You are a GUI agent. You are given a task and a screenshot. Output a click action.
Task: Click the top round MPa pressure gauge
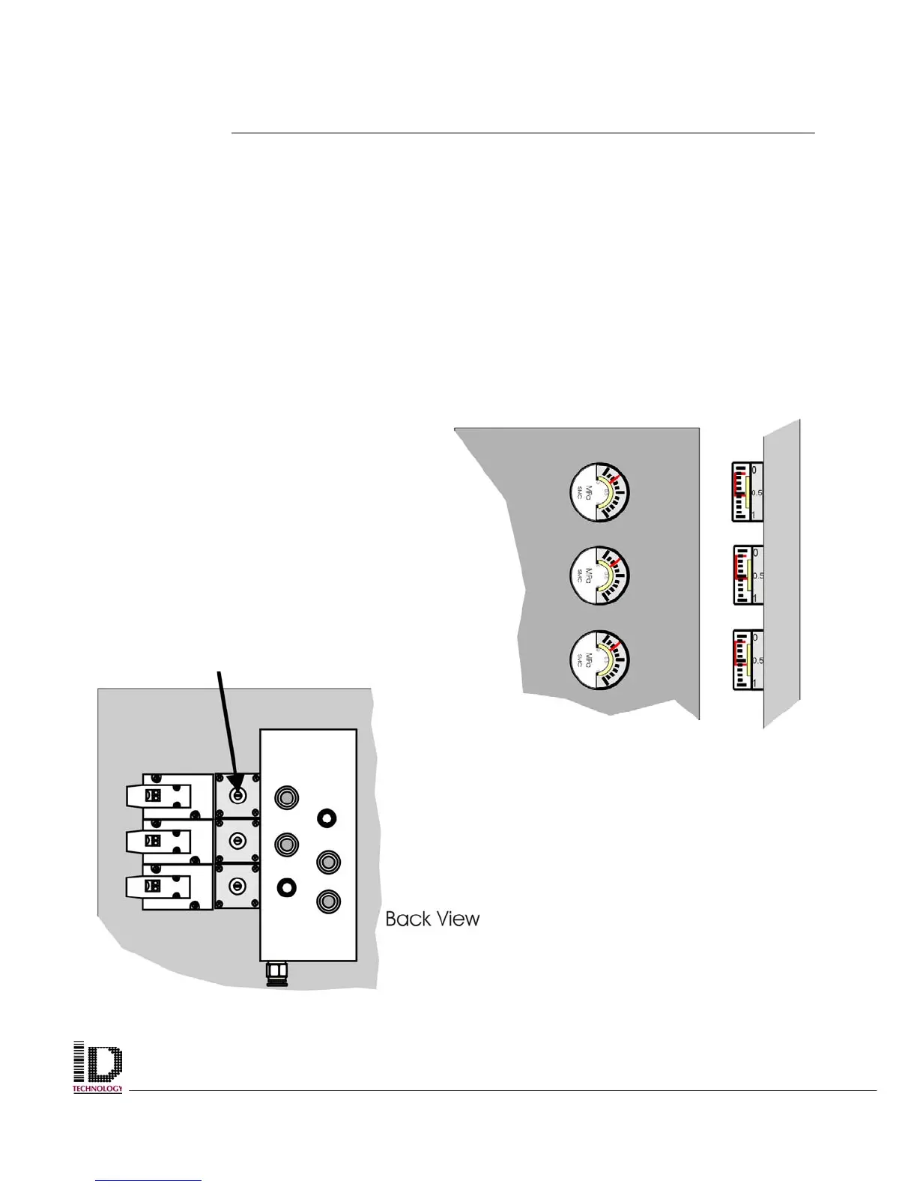[x=599, y=493]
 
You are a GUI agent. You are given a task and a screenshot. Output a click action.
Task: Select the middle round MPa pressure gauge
[x=599, y=576]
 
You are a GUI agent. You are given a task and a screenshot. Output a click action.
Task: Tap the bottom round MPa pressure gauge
[x=599, y=660]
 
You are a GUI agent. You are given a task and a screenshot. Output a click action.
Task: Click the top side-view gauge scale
[x=746, y=492]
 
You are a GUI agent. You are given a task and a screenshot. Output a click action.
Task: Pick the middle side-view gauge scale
[x=747, y=576]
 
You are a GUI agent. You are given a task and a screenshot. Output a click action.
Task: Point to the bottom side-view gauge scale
[x=747, y=660]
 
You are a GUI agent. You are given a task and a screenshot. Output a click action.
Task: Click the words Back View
[x=432, y=919]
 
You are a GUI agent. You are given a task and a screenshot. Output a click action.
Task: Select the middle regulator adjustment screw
[x=237, y=841]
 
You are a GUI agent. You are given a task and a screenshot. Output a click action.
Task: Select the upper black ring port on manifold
[x=326, y=818]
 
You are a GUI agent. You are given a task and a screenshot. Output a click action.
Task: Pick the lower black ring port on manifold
[x=285, y=887]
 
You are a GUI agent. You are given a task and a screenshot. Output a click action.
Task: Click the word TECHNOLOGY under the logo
[x=97, y=1089]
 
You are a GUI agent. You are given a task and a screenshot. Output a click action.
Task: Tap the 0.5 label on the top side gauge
[x=757, y=492]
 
